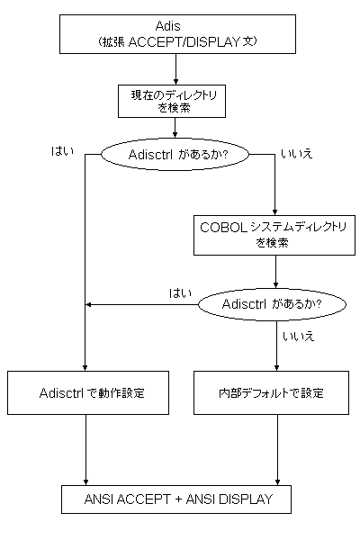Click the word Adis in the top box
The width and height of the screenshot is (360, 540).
pyautogui.click(x=167, y=26)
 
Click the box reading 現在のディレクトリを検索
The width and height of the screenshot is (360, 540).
pyautogui.click(x=172, y=101)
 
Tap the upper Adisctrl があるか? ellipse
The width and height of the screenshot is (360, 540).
pyautogui.click(x=175, y=155)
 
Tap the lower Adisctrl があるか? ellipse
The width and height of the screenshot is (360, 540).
pyautogui.click(x=272, y=304)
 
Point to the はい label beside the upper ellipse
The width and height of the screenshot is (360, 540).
pyautogui.click(x=62, y=151)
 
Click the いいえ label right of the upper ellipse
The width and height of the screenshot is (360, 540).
pyautogui.click(x=297, y=154)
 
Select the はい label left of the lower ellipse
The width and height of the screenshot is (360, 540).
pyautogui.click(x=180, y=293)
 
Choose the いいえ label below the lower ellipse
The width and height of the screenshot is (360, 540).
pyautogui.click(x=298, y=336)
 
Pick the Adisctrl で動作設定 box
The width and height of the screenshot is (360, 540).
pyautogui.click(x=88, y=392)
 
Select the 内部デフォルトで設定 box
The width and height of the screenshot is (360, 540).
pyautogui.click(x=271, y=392)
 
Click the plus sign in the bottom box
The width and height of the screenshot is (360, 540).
pyautogui.click(x=178, y=499)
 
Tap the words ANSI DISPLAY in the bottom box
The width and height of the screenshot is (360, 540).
pyautogui.click(x=229, y=499)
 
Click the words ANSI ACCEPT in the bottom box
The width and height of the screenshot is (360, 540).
pyautogui.click(x=128, y=499)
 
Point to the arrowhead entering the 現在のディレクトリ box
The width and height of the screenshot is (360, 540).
pyautogui.click(x=175, y=82)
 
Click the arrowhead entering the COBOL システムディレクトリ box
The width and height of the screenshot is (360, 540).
pyautogui.click(x=274, y=212)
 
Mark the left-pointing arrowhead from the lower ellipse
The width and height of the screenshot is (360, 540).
pyautogui.click(x=88, y=305)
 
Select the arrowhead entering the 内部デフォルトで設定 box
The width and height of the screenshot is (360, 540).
pyautogui.click(x=276, y=368)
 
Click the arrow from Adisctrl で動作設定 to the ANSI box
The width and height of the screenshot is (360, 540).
pyautogui.click(x=85, y=450)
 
